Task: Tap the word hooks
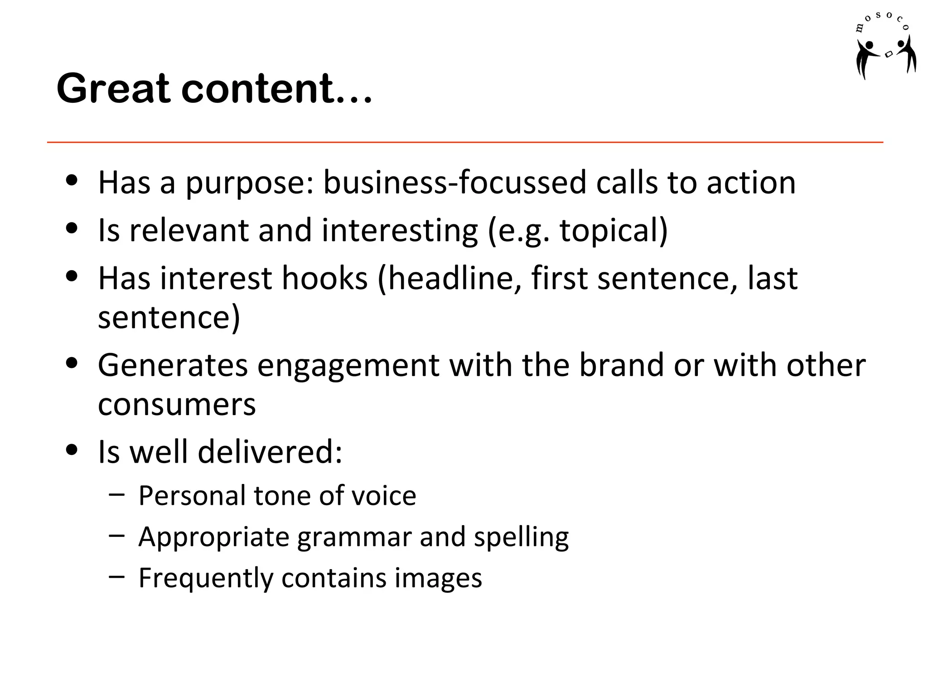tap(324, 278)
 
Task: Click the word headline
tap(455, 279)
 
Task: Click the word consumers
tap(177, 405)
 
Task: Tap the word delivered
tap(270, 452)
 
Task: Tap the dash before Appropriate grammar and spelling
tap(116, 536)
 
